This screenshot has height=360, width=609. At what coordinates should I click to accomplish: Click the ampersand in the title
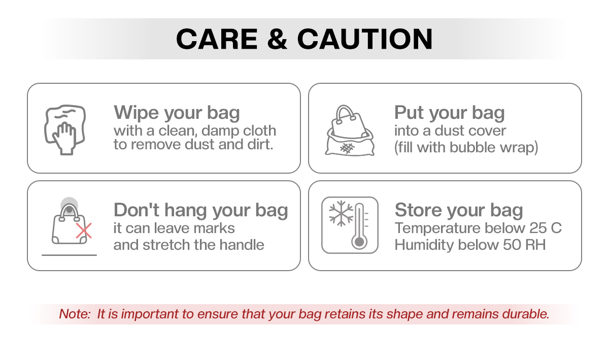(277, 39)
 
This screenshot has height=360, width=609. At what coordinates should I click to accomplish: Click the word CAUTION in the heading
(365, 39)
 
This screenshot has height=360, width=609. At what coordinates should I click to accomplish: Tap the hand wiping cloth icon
(65, 130)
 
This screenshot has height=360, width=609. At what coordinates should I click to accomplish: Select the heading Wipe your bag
(177, 113)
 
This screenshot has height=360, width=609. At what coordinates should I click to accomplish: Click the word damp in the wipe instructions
(216, 130)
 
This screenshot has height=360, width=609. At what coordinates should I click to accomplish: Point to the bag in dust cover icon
(350, 130)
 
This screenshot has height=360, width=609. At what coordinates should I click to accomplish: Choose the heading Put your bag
(450, 113)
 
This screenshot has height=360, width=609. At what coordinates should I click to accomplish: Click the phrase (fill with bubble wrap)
(466, 147)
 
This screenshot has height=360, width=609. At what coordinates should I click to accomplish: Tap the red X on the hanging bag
(84, 231)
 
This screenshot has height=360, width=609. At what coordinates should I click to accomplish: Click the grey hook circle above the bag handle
(70, 206)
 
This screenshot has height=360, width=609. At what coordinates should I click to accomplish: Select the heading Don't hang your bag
(200, 210)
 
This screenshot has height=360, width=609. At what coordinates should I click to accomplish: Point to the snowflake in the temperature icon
(341, 214)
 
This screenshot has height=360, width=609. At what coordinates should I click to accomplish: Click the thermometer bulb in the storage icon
(359, 242)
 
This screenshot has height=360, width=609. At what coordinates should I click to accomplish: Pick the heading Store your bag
(459, 210)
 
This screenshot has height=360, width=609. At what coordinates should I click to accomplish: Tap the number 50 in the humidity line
(512, 245)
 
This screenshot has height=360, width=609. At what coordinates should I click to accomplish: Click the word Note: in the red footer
(75, 314)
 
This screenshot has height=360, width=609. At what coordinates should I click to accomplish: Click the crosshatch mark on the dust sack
(347, 148)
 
